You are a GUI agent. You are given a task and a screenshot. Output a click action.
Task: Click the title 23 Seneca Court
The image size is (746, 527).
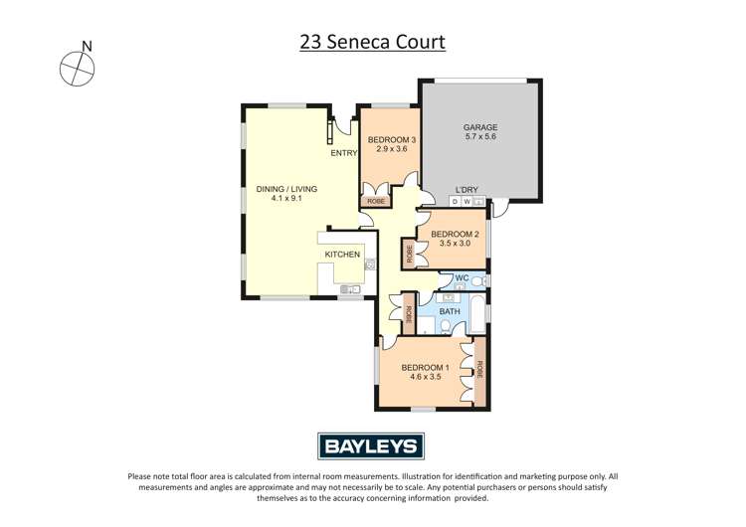click(x=372, y=43)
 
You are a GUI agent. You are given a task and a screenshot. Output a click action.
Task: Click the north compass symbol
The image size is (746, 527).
click(x=77, y=68)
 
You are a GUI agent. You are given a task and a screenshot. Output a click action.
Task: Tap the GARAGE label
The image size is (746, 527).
click(x=480, y=127)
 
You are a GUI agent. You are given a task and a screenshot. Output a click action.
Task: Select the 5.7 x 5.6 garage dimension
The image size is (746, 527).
click(x=480, y=137)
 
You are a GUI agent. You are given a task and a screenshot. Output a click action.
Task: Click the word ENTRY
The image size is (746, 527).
click(x=343, y=153)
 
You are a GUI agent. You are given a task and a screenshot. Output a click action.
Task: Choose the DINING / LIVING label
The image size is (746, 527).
click(x=285, y=189)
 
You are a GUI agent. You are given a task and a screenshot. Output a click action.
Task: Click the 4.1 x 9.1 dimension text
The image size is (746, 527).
click(x=285, y=199)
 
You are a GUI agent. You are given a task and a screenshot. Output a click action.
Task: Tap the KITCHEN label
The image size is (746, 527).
click(x=341, y=256)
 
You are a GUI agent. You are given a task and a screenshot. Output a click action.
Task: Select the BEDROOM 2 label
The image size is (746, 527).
click(x=456, y=235)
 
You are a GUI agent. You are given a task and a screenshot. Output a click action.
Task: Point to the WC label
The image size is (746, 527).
click(x=461, y=277)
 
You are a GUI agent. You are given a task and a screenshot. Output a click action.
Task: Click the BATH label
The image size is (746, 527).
click(x=450, y=311)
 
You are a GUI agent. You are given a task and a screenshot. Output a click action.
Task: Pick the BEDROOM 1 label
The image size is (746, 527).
click(x=425, y=368)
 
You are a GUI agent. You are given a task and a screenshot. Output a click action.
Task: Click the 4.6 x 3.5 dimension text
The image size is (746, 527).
click(x=425, y=378)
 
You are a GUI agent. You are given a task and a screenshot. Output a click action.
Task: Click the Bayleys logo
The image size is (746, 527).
click(x=372, y=445)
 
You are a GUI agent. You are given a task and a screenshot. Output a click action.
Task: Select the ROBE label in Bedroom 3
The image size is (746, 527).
click(x=374, y=202)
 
